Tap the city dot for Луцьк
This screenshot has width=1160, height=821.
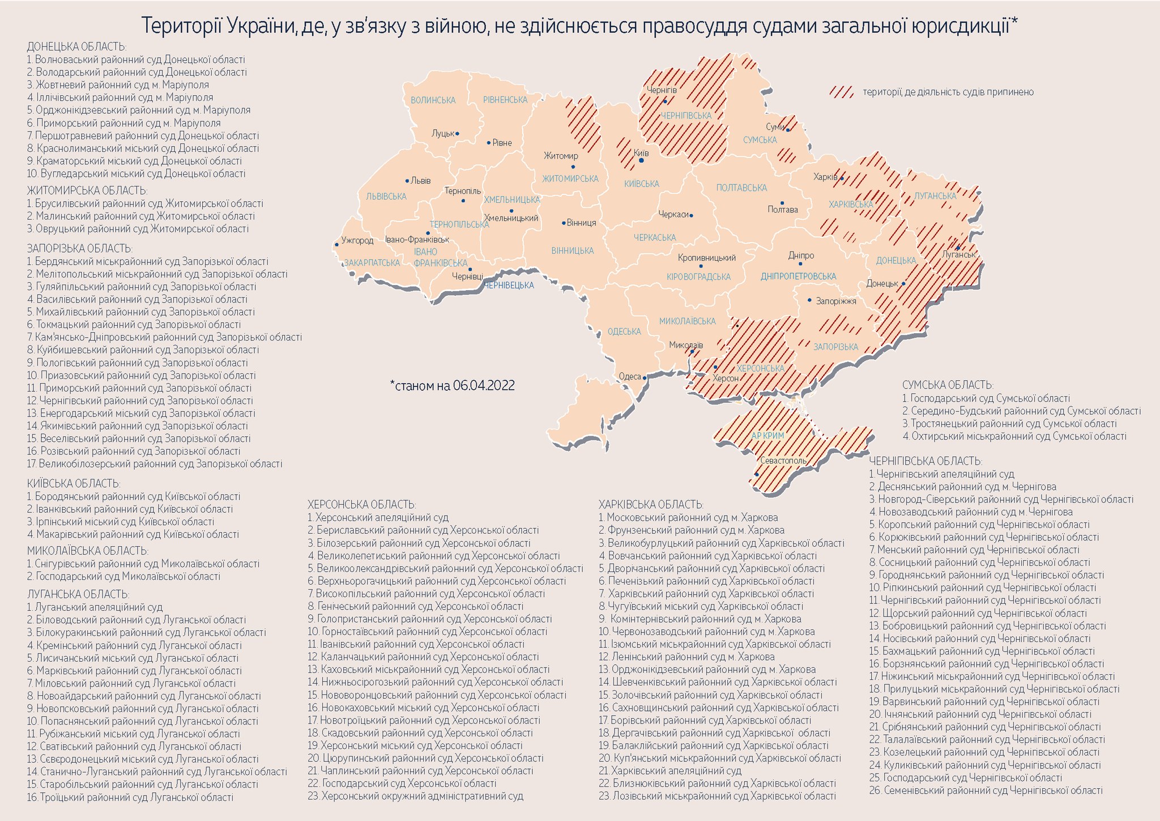tap(458, 134)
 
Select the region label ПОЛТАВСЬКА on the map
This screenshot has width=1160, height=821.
tap(741, 188)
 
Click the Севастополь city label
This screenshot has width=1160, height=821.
tap(783, 460)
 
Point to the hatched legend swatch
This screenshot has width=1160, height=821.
tap(841, 92)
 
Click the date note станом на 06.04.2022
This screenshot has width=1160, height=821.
tap(452, 385)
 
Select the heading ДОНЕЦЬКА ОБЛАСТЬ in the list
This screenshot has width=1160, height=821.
tap(76, 46)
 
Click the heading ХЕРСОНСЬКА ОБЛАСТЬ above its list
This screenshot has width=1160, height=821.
tap(361, 504)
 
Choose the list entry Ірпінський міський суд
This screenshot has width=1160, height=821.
tap(120, 521)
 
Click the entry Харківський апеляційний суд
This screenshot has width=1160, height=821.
tap(670, 771)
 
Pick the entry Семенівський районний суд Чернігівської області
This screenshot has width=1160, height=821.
tap(986, 790)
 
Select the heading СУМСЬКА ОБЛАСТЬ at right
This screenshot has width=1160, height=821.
tap(948, 385)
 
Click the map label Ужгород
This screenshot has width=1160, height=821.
tap(357, 240)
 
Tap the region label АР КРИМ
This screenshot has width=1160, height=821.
tap(767, 435)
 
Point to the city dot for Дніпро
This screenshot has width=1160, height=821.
tap(800, 264)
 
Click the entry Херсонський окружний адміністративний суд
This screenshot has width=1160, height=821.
tap(415, 796)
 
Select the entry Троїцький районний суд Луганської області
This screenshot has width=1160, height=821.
tap(130, 797)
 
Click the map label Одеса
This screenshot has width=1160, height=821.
tap(629, 376)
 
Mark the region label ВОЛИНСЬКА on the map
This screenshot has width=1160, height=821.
tap(433, 100)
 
